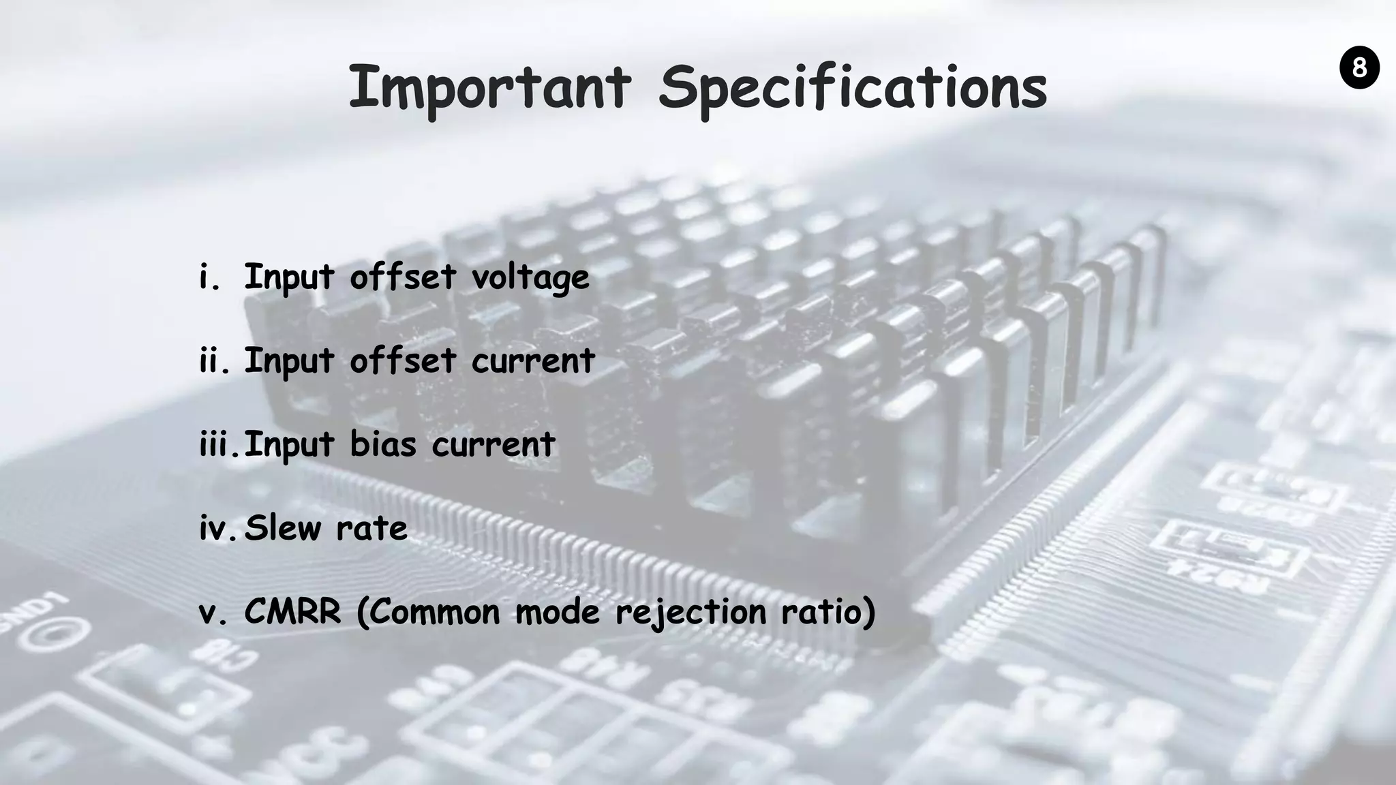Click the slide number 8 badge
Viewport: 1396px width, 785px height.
pyautogui.click(x=1359, y=68)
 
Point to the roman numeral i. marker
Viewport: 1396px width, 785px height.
pyautogui.click(x=210, y=277)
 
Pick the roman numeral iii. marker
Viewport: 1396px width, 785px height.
pyautogui.click(x=219, y=444)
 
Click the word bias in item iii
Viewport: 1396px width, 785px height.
pyautogui.click(x=382, y=444)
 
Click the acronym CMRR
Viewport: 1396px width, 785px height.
pyautogui.click(x=292, y=612)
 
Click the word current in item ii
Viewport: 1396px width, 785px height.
pyautogui.click(x=533, y=361)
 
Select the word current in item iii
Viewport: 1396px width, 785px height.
pyautogui.click(x=494, y=445)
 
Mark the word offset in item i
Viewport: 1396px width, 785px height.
pyautogui.click(x=403, y=277)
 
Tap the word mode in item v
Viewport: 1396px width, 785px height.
pyautogui.click(x=558, y=612)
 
